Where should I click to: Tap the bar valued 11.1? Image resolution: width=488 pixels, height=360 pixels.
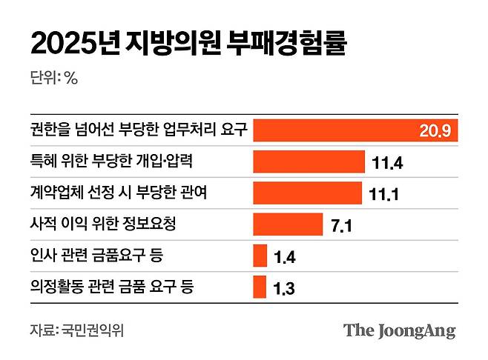(x=307, y=193)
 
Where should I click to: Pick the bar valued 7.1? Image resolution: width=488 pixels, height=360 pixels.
(x=288, y=224)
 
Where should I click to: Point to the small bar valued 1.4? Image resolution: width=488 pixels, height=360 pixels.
(x=260, y=256)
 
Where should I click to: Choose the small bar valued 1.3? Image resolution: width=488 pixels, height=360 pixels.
(x=260, y=287)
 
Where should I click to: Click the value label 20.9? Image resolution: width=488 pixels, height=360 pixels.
(x=435, y=131)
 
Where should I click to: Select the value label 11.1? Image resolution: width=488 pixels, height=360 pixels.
(x=383, y=194)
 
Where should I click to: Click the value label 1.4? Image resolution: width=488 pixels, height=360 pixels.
(x=285, y=257)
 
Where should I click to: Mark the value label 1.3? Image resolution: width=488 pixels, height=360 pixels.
(x=284, y=288)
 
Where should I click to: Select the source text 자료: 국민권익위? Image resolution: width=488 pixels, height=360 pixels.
(x=77, y=329)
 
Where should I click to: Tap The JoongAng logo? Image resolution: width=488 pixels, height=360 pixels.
(x=398, y=330)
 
